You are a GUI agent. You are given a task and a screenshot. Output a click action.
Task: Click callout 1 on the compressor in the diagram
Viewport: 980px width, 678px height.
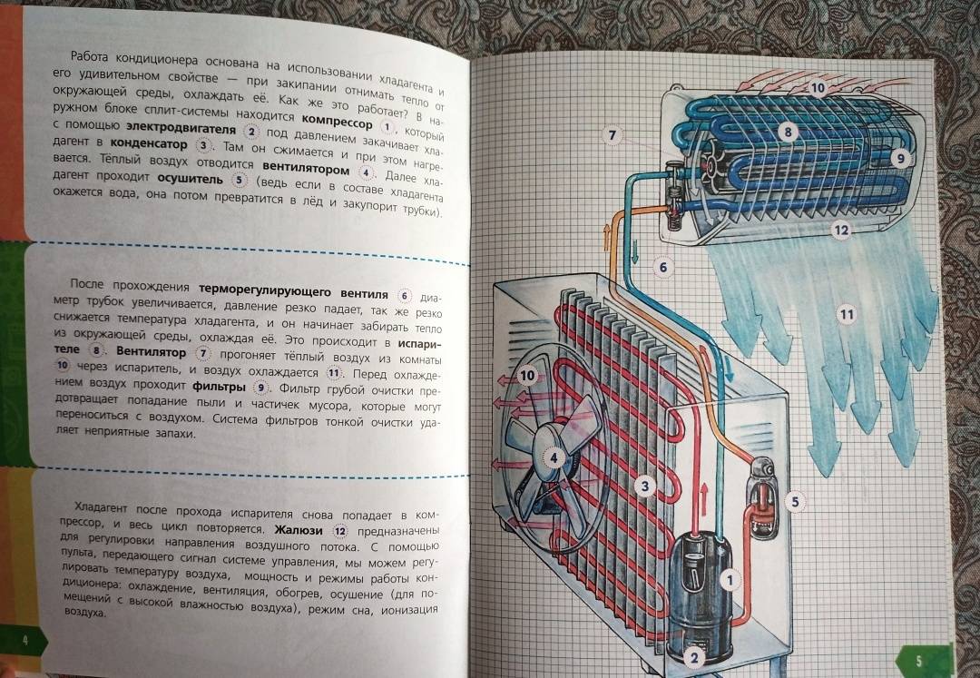pyautogui.click(x=730, y=580)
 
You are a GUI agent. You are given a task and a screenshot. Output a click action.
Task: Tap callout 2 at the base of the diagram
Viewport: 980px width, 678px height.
pyautogui.click(x=694, y=657)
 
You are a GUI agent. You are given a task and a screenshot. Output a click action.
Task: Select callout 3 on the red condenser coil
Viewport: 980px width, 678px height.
pyautogui.click(x=645, y=486)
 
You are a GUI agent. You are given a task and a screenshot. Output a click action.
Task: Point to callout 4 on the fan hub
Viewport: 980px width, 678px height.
pyautogui.click(x=554, y=458)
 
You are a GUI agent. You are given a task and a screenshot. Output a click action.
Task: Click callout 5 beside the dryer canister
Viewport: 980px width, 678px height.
pyautogui.click(x=795, y=501)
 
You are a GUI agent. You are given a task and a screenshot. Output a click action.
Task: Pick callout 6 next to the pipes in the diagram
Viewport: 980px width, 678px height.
pyautogui.click(x=663, y=268)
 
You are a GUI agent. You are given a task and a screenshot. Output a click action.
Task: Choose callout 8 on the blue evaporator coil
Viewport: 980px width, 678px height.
pyautogui.click(x=788, y=132)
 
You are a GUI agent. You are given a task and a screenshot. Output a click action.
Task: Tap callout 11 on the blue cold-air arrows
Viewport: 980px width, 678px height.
pyautogui.click(x=847, y=314)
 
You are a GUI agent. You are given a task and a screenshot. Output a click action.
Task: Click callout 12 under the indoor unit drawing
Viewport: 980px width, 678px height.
pyautogui.click(x=841, y=230)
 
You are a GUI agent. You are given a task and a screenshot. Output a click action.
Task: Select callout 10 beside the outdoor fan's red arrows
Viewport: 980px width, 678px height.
pyautogui.click(x=527, y=375)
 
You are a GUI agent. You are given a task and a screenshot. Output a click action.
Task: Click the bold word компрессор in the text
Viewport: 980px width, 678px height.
pyautogui.click(x=337, y=122)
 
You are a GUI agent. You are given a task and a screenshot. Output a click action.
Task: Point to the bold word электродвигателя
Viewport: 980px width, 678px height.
pyautogui.click(x=181, y=129)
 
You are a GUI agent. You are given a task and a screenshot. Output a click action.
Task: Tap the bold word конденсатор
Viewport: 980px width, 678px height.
pyautogui.click(x=148, y=143)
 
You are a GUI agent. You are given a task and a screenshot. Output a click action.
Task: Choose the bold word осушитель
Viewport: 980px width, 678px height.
pyautogui.click(x=190, y=179)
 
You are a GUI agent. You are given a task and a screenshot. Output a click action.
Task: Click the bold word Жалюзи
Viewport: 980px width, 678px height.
pyautogui.click(x=299, y=531)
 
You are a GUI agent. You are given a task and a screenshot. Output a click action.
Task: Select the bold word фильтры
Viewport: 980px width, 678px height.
pyautogui.click(x=219, y=386)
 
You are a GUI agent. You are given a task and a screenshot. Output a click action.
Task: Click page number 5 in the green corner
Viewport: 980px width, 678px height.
pyautogui.click(x=918, y=661)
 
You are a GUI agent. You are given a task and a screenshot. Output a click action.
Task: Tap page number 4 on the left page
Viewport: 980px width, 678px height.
pyautogui.click(x=25, y=641)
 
